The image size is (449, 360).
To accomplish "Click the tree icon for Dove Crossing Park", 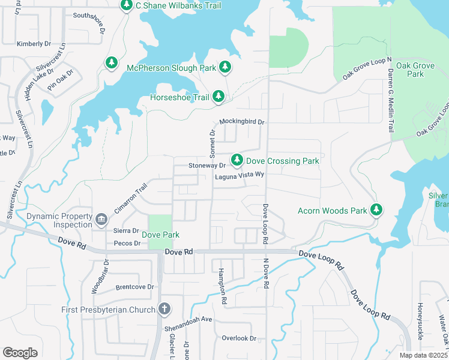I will click(x=237, y=160).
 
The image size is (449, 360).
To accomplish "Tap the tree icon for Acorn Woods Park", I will click(x=376, y=209).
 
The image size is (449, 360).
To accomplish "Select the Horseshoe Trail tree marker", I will click(x=218, y=96).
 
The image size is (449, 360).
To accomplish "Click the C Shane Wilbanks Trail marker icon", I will click(x=126, y=5).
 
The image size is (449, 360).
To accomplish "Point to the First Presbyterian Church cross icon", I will click(x=164, y=310).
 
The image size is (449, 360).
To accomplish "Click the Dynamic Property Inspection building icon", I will click(x=101, y=217).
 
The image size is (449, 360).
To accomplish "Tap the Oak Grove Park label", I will click(x=407, y=70).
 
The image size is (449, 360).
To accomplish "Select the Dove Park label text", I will click(x=160, y=235).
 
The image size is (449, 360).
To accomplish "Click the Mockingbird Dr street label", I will click(x=242, y=122).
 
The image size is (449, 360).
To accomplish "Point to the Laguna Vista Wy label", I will click(x=240, y=175).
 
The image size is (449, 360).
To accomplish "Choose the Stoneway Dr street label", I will click(x=206, y=165).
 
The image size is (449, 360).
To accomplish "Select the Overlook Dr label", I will click(x=239, y=338).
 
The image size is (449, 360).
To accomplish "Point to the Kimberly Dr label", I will click(x=34, y=44).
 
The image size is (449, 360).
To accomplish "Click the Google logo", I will click(x=20, y=353).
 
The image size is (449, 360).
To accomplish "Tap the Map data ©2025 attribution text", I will click(x=423, y=355).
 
